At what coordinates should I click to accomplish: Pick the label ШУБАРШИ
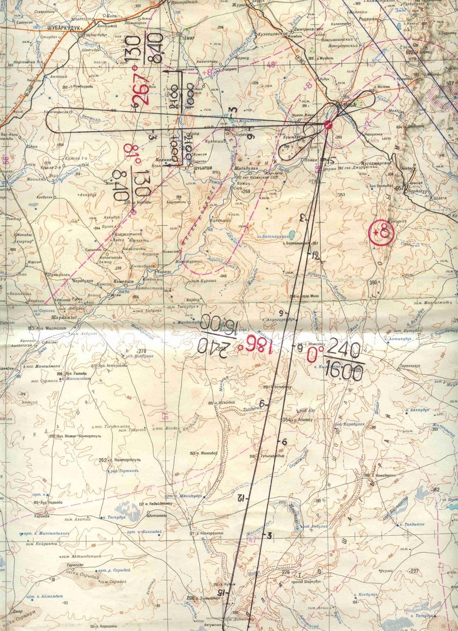[204, 168]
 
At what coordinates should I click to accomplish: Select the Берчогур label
[418, 190]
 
